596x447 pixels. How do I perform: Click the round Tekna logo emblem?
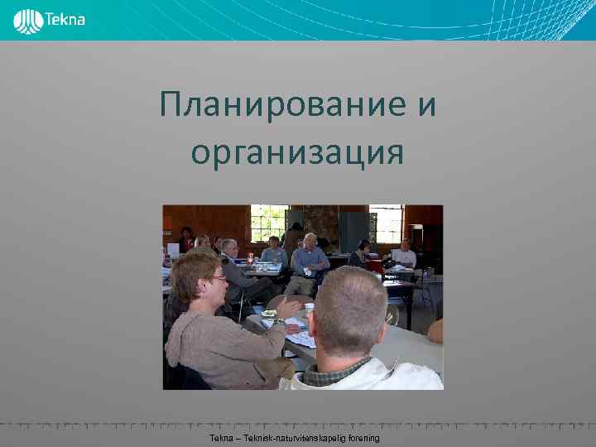coord(29,21)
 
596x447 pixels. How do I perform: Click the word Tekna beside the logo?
coord(65,19)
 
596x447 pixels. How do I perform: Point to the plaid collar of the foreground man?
coord(335,369)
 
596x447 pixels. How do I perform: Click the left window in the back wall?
coord(269,222)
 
